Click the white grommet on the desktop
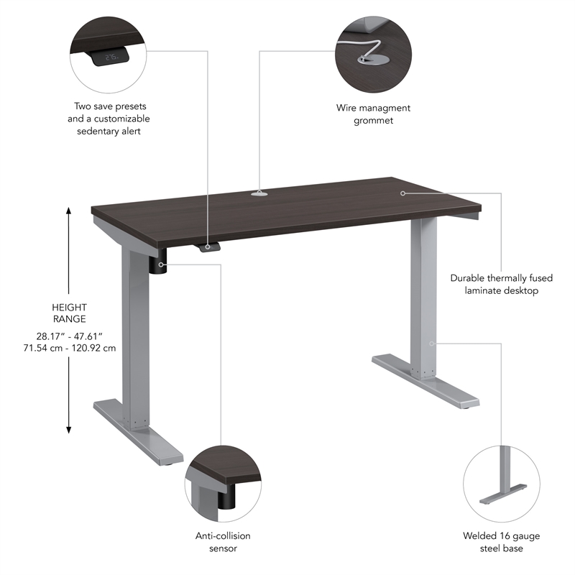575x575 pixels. point(259,193)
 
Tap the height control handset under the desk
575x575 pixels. point(209,247)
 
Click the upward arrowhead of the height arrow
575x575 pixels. point(70,211)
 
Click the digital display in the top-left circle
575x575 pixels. point(111,55)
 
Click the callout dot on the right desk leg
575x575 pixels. point(432,343)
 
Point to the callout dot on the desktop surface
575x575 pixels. point(404,193)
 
